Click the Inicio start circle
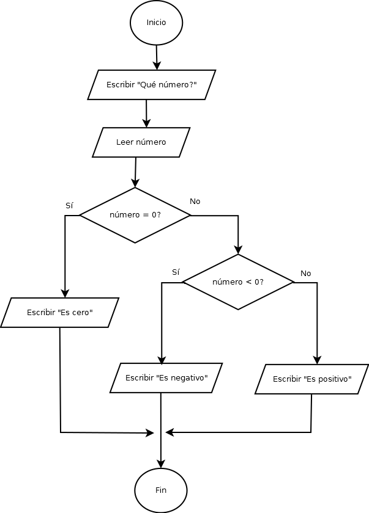pos(156,23)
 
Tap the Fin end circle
pos(161,490)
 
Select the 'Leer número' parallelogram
pos(141,142)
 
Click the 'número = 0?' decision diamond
pos(135,215)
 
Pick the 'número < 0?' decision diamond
pos(238,282)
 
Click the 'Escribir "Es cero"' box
pos(59,313)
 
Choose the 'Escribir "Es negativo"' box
pos(166,378)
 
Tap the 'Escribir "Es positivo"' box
pos(312,379)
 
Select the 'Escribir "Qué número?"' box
pos(151,85)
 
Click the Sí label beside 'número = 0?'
pos(69,205)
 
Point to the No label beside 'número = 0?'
pos(195,202)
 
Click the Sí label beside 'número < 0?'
pos(176,272)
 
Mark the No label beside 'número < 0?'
pos(306,274)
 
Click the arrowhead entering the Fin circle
pos(161,464)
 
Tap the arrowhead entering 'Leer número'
pos(146,123)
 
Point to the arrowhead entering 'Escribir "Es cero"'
pos(65,293)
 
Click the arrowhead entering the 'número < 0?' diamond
pos(238,250)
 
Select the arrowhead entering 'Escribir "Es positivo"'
pos(317,360)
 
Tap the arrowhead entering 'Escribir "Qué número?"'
pos(157,65)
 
